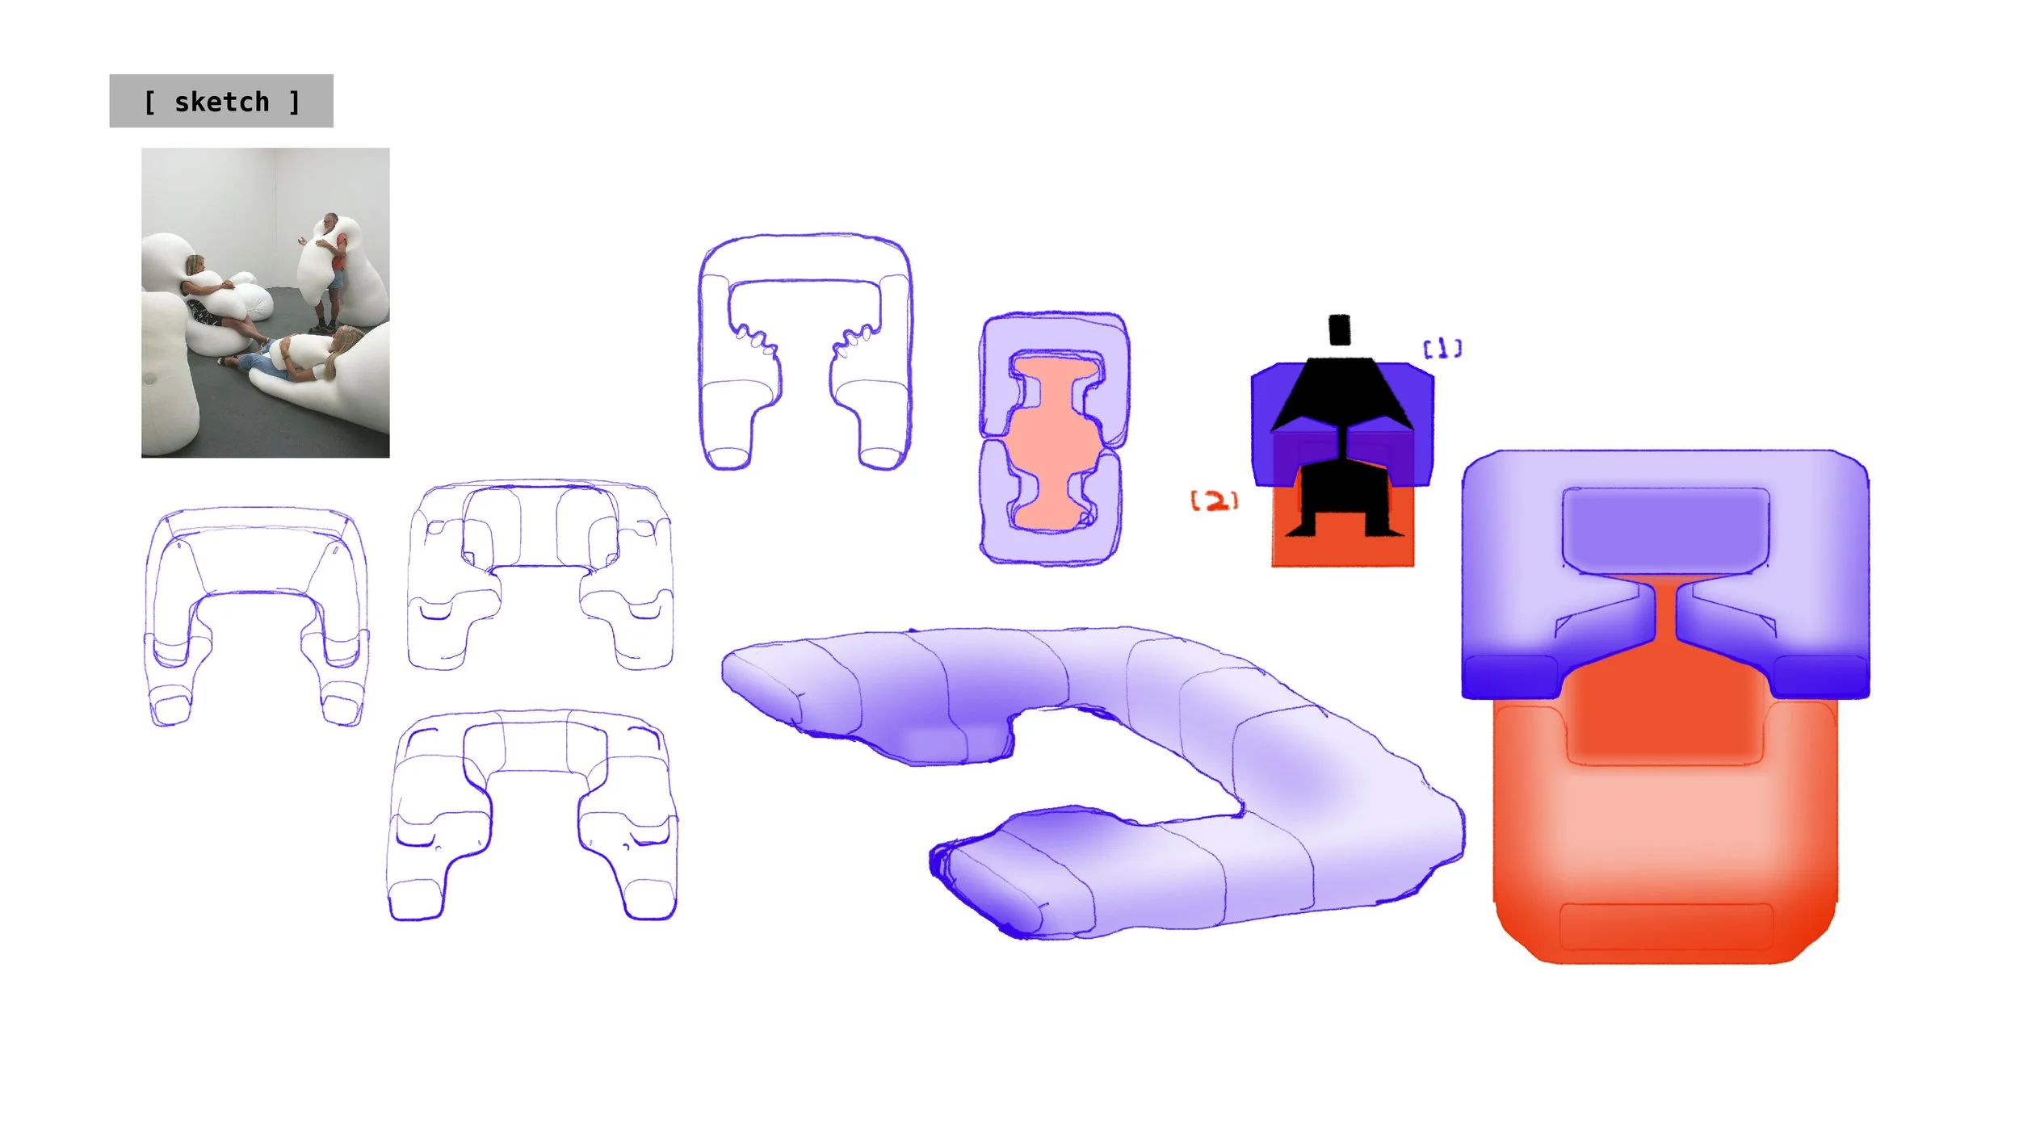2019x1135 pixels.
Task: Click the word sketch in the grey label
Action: point(221,102)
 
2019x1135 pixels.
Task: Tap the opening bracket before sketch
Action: point(149,103)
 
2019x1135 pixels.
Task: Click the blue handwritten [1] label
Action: point(1442,349)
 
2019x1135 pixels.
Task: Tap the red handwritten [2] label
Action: point(1214,500)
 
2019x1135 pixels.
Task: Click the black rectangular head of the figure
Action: point(1339,329)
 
